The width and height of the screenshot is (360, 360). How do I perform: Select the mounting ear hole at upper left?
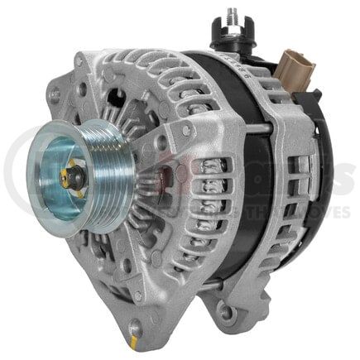79,62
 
